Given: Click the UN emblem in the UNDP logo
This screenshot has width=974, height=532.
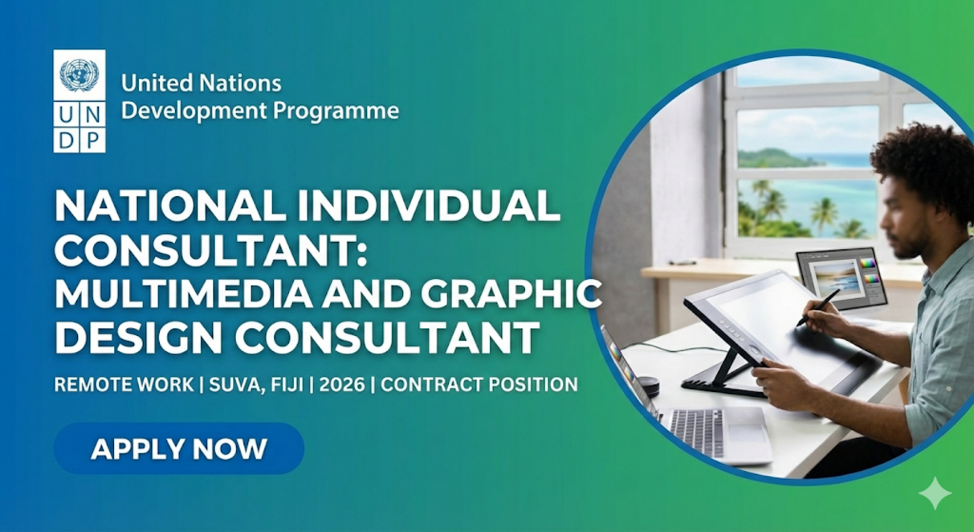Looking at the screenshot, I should coord(79,75).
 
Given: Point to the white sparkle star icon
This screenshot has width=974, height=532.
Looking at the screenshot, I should coord(935,493).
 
